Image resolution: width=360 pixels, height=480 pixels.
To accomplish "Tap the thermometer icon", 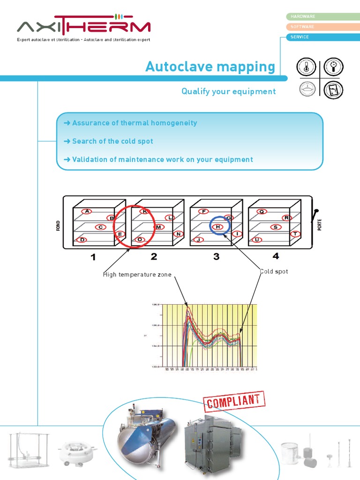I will pos(306,67).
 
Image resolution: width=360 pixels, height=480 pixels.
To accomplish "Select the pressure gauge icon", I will pos(333,67).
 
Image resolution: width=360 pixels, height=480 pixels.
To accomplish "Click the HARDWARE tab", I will pos(322,16).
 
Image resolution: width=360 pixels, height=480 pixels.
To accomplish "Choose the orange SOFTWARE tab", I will pos(322,27).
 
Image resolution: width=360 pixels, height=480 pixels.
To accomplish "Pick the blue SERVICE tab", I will pos(322,37).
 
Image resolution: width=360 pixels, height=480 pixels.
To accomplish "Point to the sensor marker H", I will pos(218,227).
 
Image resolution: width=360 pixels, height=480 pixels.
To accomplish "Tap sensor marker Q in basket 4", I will pos(262,211).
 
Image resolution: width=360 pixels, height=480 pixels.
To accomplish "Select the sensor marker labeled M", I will pos(159,227).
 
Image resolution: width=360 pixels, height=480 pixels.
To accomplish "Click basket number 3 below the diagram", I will pos(216,256).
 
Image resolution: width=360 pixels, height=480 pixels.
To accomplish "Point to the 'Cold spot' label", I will pos(274,271).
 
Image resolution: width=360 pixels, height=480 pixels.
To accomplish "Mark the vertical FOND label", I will pos(59,226).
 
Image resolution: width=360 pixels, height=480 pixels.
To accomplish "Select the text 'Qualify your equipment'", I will pos(229,91).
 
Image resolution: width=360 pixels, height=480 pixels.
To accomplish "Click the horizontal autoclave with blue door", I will pos(146,435).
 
